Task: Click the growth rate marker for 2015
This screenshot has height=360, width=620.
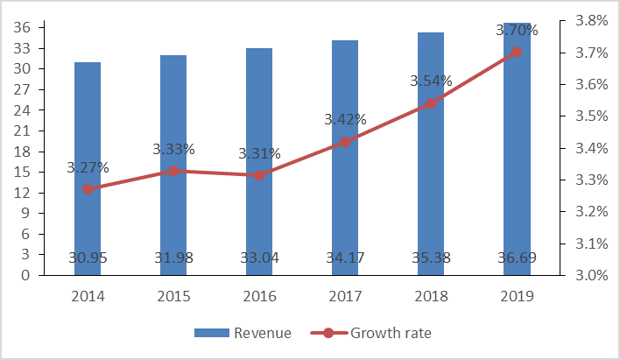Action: point(173,171)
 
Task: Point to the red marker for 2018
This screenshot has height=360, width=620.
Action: point(430,103)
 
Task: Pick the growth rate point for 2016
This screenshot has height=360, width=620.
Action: point(258,175)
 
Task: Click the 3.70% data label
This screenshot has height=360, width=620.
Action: point(517,30)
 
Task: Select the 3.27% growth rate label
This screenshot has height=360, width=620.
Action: point(87,166)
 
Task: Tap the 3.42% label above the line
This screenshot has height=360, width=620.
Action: point(345,119)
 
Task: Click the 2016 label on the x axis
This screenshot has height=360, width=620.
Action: point(258,296)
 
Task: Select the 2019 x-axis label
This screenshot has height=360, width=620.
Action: point(516,296)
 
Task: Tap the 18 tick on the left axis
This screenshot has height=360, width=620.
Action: point(24,152)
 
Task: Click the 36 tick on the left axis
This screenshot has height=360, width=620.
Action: point(24,28)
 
